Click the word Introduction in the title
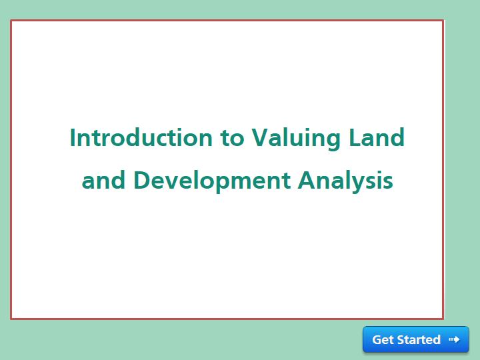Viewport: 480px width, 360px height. (x=141, y=137)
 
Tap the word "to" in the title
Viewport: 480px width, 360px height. (x=232, y=138)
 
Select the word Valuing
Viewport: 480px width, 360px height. (x=296, y=139)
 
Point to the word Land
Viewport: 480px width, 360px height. (x=377, y=137)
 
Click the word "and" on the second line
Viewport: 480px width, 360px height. (x=103, y=180)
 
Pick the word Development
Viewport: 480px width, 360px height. (x=212, y=181)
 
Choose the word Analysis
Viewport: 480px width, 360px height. (x=345, y=181)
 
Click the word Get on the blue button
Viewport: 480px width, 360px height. (x=383, y=339)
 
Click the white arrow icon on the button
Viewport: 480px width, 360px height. (x=454, y=339)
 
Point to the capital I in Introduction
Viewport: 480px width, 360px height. (x=72, y=137)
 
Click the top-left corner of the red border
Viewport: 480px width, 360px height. (x=11, y=21)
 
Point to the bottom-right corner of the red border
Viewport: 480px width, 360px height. (x=443, y=319)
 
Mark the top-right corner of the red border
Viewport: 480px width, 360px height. (x=443, y=21)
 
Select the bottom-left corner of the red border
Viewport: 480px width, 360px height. (x=11, y=319)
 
